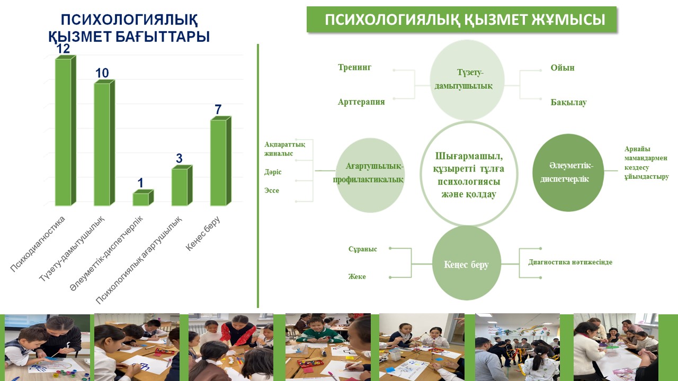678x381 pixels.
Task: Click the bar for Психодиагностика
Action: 65,131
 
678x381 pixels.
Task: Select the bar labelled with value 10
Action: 104,143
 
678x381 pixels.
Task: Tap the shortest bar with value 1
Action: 143,198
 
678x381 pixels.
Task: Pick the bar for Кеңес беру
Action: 221,161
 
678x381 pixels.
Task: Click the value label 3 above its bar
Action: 179,158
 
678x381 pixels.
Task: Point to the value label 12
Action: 63,49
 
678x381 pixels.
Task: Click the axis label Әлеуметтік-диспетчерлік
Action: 106,253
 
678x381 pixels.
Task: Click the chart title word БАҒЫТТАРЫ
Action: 163,37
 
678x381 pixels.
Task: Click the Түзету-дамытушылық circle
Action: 467,80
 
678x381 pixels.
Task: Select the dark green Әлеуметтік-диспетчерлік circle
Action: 568,173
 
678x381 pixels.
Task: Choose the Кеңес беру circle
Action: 467,263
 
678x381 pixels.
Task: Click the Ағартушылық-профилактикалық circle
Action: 370,175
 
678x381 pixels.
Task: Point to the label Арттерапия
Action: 361,102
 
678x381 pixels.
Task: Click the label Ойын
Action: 563,67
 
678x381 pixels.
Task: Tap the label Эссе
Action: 272,190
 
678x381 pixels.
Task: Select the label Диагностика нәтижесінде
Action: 570,262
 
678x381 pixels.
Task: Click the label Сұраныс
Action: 363,249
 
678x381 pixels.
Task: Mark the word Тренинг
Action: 354,67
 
